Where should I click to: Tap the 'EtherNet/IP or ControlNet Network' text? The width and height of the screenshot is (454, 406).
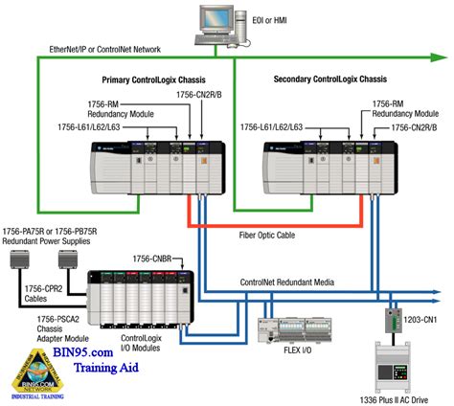(x=105, y=49)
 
